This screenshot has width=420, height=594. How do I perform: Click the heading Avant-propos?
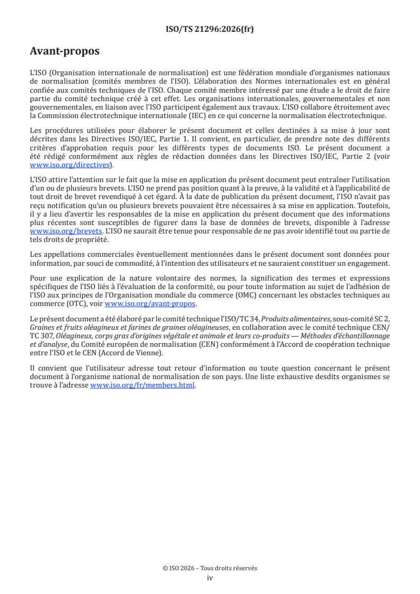coord(65,52)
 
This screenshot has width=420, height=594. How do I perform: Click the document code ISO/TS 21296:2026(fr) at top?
coord(210,29)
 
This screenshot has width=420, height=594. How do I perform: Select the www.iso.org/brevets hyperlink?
coord(66,231)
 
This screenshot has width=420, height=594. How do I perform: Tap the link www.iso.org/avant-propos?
coord(150,303)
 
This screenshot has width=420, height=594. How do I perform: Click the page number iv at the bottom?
coord(210,578)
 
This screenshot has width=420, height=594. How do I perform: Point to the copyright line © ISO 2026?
coord(210,568)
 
